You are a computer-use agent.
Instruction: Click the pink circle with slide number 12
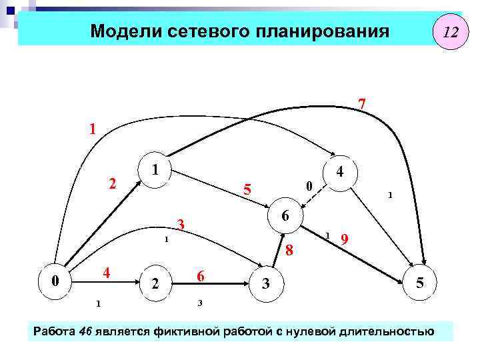pos(451,31)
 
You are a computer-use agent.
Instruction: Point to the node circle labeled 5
pos(420,283)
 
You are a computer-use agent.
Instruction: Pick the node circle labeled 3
pos(265,284)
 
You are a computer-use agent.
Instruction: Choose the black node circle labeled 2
pos(155,284)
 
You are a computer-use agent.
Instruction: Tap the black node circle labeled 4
pos(340,172)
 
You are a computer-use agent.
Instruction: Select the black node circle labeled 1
pos(154,170)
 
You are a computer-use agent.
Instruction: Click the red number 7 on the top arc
pos(361,105)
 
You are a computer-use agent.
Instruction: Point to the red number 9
pos(344,239)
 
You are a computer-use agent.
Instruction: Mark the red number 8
pos(289,251)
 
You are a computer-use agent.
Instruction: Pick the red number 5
pos(247,191)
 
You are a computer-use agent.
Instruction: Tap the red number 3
pos(180,224)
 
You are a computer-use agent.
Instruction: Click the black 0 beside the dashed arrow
pos(307,185)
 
